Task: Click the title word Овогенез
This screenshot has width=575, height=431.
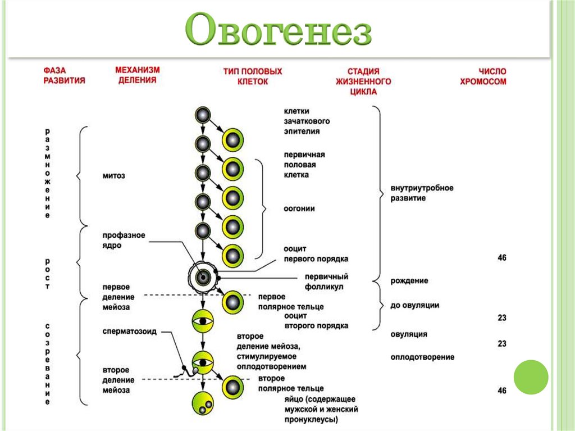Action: pyautogui.click(x=279, y=29)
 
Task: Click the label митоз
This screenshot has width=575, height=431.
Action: pyautogui.click(x=113, y=176)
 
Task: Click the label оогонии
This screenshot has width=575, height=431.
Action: pyautogui.click(x=299, y=208)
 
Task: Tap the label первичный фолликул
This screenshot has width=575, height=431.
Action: pyautogui.click(x=326, y=282)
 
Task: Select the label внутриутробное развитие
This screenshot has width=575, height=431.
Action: pyautogui.click(x=422, y=193)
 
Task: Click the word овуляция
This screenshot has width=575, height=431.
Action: pyautogui.click(x=409, y=334)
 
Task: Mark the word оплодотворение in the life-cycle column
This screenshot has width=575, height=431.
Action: pyautogui.click(x=422, y=357)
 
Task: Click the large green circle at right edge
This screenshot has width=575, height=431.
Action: pyautogui.click(x=531, y=376)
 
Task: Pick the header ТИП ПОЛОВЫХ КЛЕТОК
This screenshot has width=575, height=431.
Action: pyautogui.click(x=252, y=76)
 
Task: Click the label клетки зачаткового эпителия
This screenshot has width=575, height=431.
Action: pyautogui.click(x=307, y=121)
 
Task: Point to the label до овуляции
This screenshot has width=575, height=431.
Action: pyautogui.click(x=414, y=306)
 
